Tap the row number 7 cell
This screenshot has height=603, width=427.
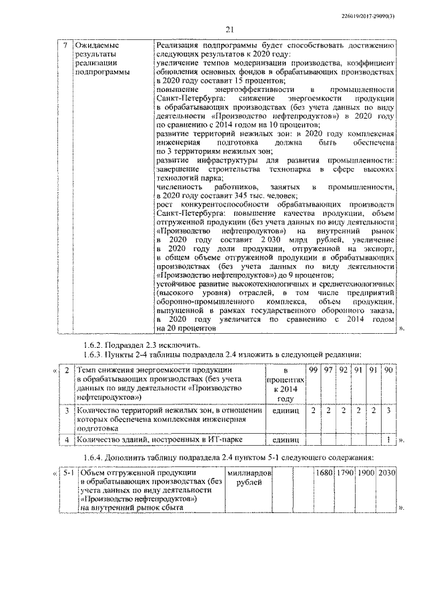[65, 45]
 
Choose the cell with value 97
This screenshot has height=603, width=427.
[328, 370]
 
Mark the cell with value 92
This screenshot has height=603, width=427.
[343, 370]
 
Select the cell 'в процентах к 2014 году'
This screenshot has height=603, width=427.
[285, 384]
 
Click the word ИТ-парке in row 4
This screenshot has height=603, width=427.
[213, 440]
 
